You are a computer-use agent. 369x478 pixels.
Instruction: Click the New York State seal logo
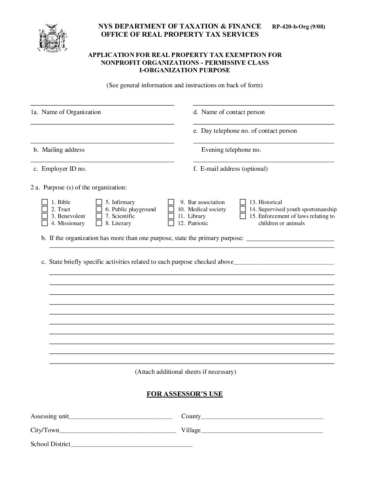[x=52, y=38]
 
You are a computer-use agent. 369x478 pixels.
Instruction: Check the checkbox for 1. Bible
[x=45, y=202]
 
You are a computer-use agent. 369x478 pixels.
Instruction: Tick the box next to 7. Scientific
[x=99, y=216]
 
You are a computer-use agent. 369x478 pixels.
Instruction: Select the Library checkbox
[x=171, y=216]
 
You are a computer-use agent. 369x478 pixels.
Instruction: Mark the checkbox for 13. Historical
[x=243, y=202]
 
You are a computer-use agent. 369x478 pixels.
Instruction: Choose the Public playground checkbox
[x=99, y=209]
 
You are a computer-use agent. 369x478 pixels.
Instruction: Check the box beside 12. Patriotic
[x=171, y=223]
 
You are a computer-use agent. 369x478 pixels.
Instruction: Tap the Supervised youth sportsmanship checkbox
[x=243, y=209]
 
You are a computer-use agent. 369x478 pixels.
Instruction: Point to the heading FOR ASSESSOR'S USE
[x=184, y=394]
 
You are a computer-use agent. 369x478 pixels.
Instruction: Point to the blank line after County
[x=262, y=417]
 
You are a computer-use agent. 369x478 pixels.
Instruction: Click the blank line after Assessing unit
[x=121, y=417]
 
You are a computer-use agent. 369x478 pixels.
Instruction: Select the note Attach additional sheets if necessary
[x=186, y=372]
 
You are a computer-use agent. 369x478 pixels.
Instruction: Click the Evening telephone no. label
[x=231, y=150]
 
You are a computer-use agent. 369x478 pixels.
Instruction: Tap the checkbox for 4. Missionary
[x=45, y=223]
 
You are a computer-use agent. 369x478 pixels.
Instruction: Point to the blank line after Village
[x=262, y=431]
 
